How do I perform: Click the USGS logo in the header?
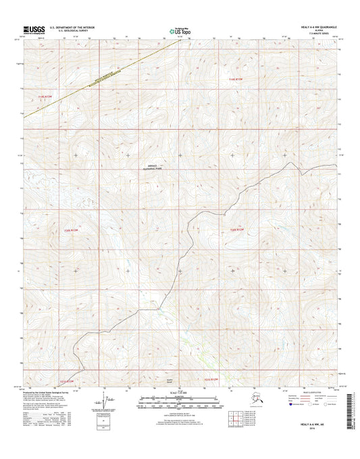tap(34, 29)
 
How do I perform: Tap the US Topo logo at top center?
tap(179, 30)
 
